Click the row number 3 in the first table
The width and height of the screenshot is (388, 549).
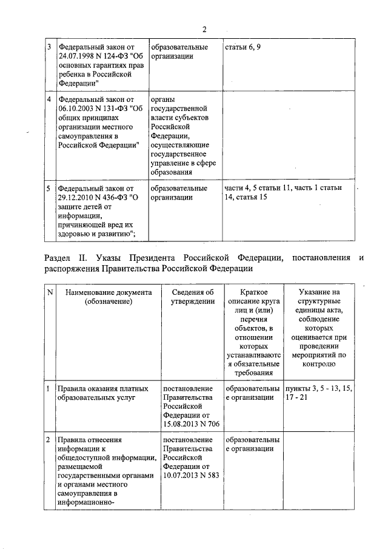[49, 47]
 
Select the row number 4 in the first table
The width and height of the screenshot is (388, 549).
[49, 99]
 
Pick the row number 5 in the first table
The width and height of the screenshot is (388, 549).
[49, 188]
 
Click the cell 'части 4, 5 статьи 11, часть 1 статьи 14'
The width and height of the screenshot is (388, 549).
[283, 192]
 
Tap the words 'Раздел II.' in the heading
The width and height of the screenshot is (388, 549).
[66, 258]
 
